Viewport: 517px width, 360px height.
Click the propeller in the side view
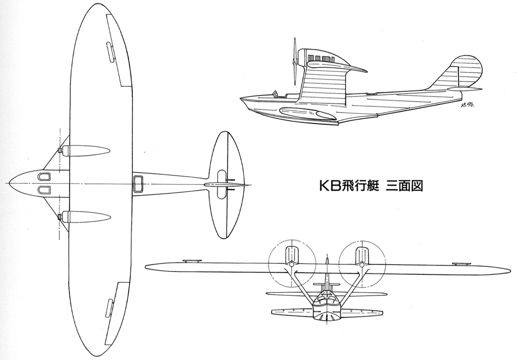pyautogui.click(x=295, y=62)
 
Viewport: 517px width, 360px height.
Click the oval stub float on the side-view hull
pyautogui.click(x=307, y=113)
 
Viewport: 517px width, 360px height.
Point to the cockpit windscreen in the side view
pyautogui.click(x=275, y=94)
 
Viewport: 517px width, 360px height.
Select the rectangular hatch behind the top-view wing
pyautogui.click(x=138, y=183)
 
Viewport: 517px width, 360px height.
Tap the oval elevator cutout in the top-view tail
pyautogui.click(x=222, y=184)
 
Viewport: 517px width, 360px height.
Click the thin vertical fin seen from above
pyautogui.click(x=227, y=184)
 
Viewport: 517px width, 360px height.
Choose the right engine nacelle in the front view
pyautogui.click(x=362, y=257)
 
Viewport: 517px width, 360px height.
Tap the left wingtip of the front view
pyautogui.click(x=146, y=267)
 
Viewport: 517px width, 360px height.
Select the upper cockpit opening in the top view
pyautogui.click(x=44, y=177)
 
